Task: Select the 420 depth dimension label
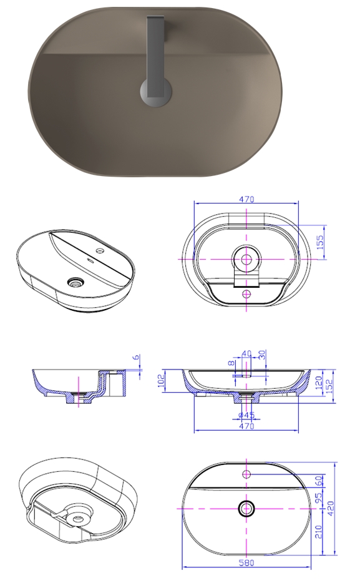click(331, 509)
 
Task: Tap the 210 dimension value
click(318, 532)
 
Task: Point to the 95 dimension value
click(318, 497)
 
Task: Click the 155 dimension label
click(321, 243)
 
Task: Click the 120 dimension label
click(319, 383)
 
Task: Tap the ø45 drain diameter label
click(246, 415)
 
